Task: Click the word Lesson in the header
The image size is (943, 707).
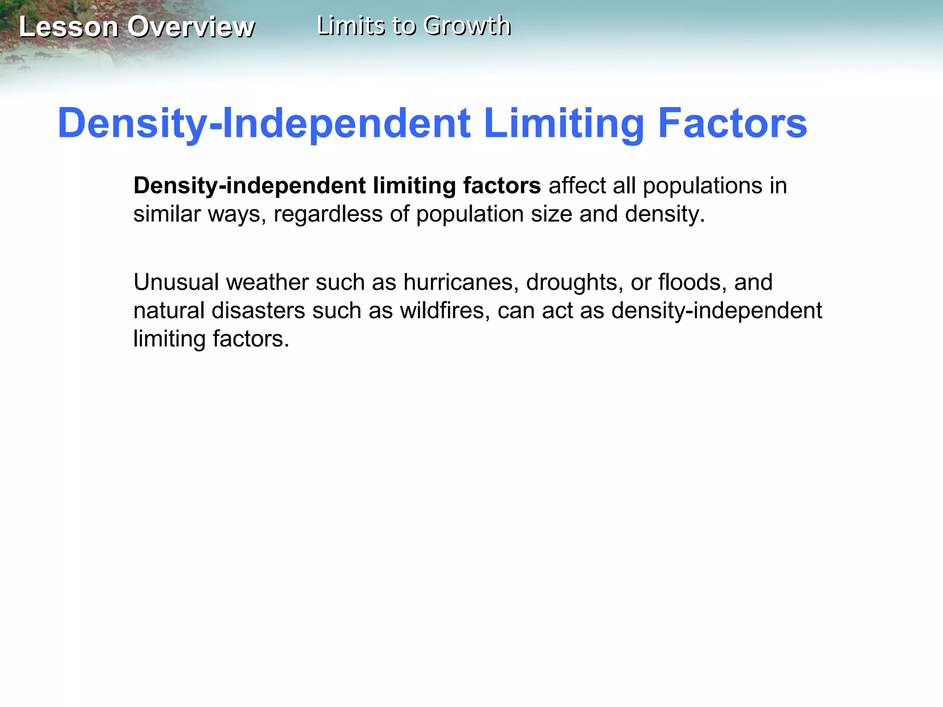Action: click(x=69, y=27)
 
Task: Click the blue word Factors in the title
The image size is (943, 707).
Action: click(x=733, y=123)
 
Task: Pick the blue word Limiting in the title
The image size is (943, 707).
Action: click(x=564, y=123)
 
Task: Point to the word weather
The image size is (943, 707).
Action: click(x=267, y=282)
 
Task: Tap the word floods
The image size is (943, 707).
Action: click(x=693, y=282)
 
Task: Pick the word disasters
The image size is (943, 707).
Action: click(x=258, y=311)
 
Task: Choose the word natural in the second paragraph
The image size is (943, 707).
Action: click(x=169, y=311)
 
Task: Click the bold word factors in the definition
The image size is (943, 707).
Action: click(x=502, y=185)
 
